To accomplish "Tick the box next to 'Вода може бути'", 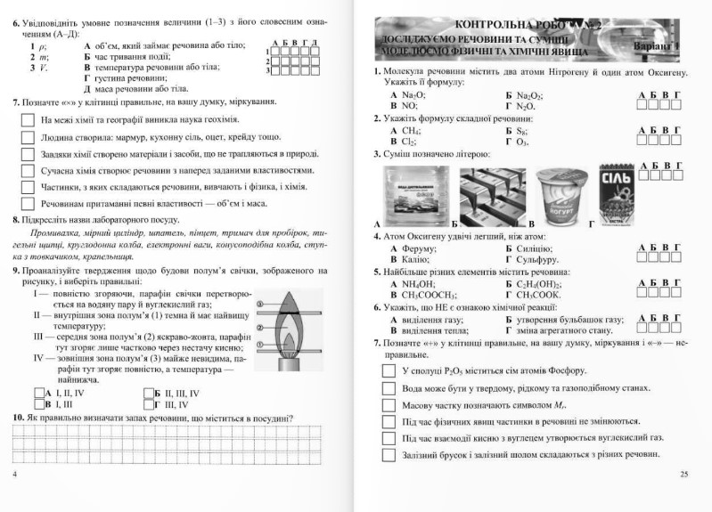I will pyautogui.click(x=388, y=388).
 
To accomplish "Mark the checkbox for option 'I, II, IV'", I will pyautogui.click(x=37, y=392).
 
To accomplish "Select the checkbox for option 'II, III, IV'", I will pyautogui.click(x=148, y=392).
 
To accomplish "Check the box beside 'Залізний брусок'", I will pyautogui.click(x=388, y=456).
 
